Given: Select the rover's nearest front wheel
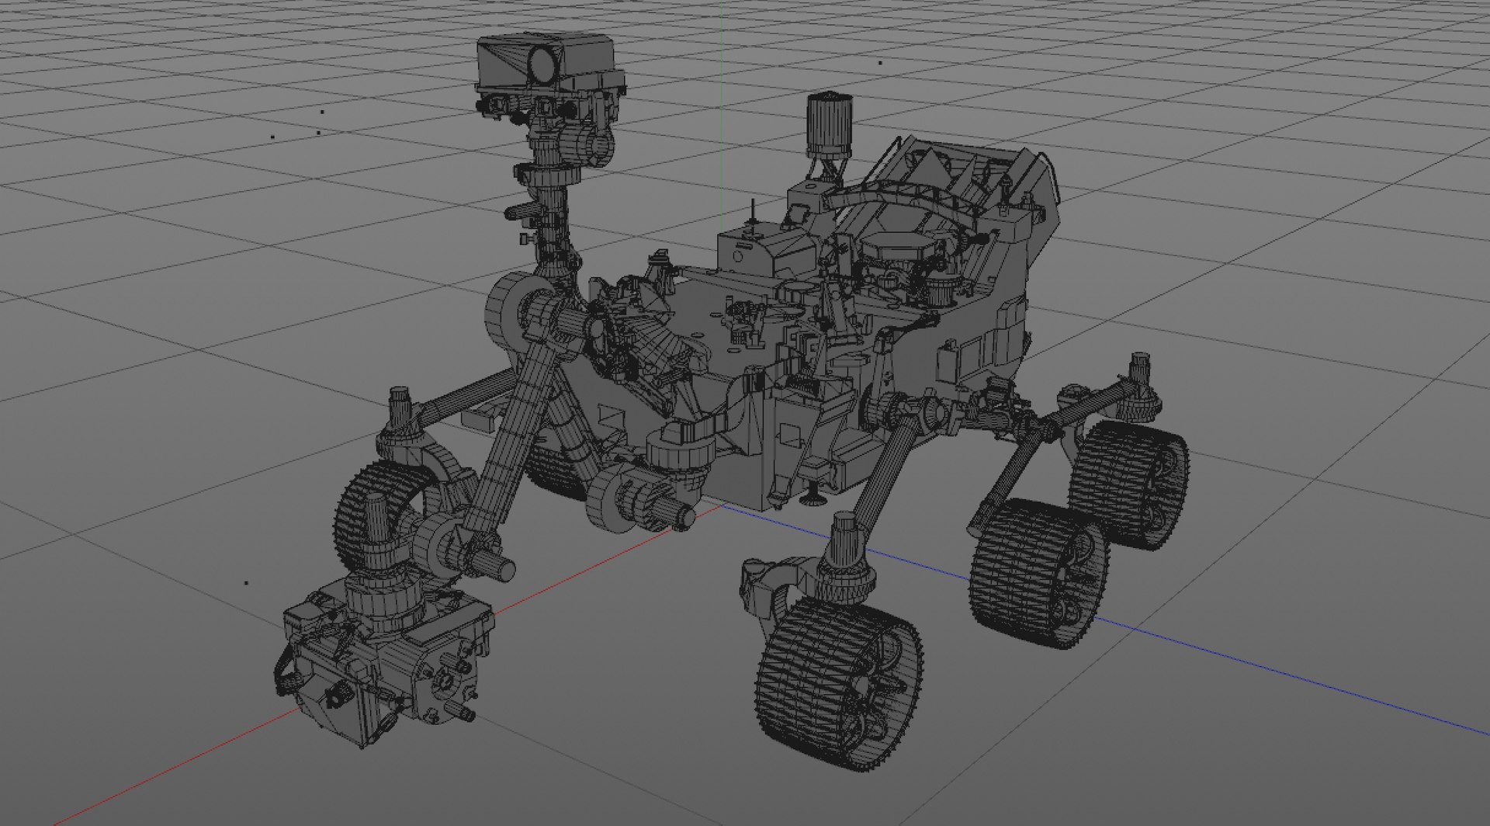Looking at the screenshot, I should coord(838,683).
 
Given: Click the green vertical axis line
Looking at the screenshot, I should coord(722,78).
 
